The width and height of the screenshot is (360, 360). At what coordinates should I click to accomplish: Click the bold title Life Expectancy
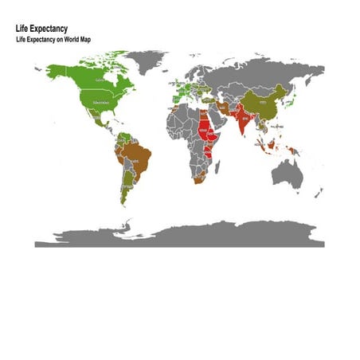coord(41,29)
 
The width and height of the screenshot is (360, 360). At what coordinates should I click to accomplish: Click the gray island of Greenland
coord(148,61)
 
